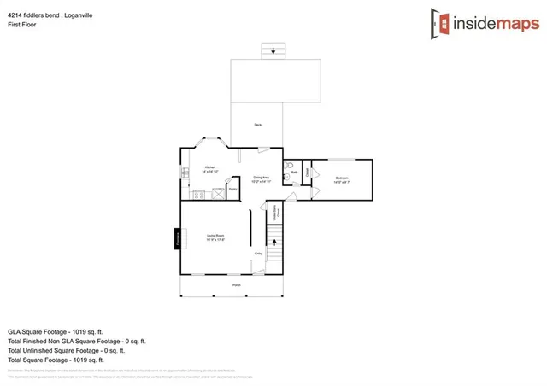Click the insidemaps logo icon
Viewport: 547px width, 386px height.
click(x=441, y=24)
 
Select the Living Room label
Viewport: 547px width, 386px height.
click(x=215, y=237)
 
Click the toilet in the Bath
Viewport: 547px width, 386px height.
click(x=290, y=166)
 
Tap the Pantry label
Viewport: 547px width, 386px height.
click(x=232, y=190)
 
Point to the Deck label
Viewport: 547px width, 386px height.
click(x=257, y=126)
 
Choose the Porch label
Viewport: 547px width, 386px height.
click(x=236, y=285)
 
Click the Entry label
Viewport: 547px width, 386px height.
click(x=257, y=254)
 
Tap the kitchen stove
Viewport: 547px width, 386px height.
click(x=197, y=195)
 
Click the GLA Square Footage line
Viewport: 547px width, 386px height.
click(x=56, y=330)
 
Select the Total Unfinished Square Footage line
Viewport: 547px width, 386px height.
click(x=67, y=350)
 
